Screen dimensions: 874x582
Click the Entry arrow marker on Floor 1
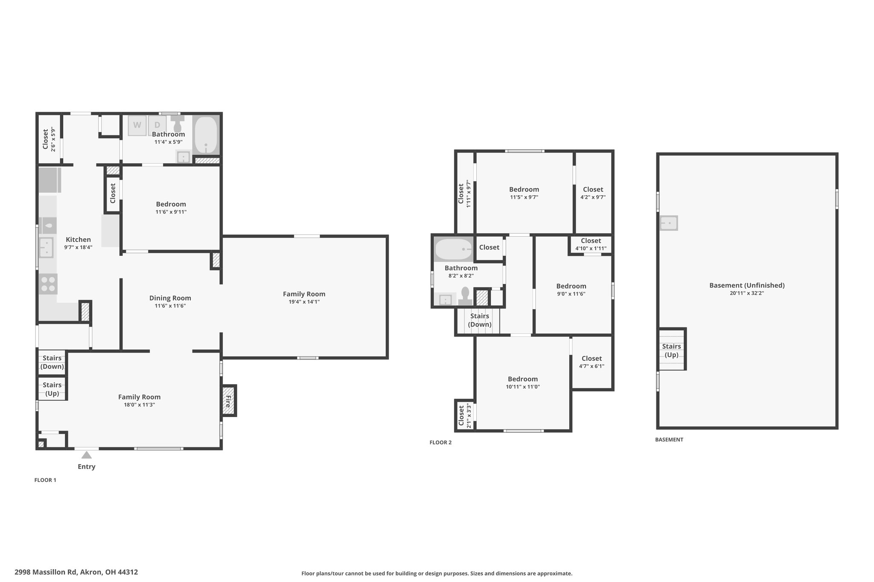point(87,455)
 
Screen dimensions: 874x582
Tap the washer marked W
point(137,125)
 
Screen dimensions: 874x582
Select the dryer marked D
point(157,125)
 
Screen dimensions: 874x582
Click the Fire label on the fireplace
point(228,401)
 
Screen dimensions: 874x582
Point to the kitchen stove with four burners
point(48,284)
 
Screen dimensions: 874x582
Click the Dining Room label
point(170,298)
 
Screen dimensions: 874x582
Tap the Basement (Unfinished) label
point(747,285)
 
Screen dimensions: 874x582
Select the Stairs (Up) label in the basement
point(671,350)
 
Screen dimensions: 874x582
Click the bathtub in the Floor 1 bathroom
point(206,135)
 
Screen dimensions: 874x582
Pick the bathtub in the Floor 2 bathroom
point(453,249)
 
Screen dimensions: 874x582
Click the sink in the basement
point(669,223)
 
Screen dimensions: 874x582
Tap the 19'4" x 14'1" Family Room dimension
point(304,302)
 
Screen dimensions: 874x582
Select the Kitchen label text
point(78,240)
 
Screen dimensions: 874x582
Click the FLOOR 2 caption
point(440,443)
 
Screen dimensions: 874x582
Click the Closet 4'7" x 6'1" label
point(591,362)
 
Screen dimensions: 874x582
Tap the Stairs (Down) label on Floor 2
point(480,320)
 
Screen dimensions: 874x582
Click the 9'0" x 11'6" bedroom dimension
point(571,294)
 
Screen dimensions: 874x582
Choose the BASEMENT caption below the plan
point(669,440)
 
